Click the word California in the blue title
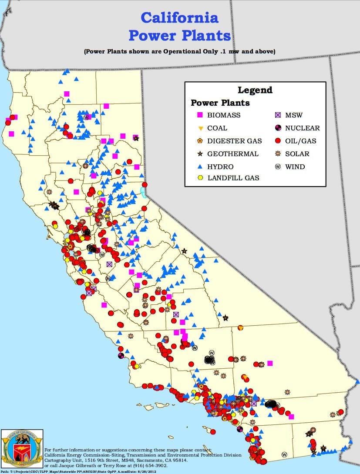(180, 18)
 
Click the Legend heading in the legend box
(255, 90)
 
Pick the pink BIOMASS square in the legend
(200, 115)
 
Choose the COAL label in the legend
(217, 128)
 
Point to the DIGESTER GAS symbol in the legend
(200, 141)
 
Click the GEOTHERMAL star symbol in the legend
(200, 154)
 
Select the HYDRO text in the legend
(220, 167)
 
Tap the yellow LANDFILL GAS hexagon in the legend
(200, 178)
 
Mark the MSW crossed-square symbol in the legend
(277, 115)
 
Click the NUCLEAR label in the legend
(303, 128)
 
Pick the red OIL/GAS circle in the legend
(277, 141)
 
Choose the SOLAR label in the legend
(297, 154)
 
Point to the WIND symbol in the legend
(277, 167)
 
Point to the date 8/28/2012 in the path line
(147, 471)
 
